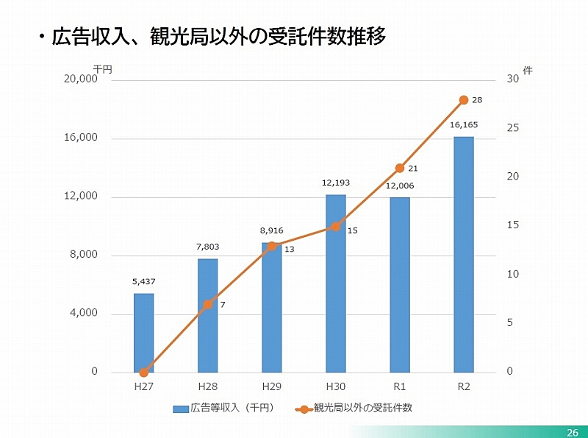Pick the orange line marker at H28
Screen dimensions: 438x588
click(x=208, y=304)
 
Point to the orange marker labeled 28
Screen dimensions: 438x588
click(x=464, y=100)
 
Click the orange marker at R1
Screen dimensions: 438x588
click(x=400, y=168)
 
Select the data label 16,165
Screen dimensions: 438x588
click(x=464, y=125)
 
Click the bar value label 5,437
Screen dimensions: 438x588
click(x=143, y=281)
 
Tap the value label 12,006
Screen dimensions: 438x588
click(x=400, y=186)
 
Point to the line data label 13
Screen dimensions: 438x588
click(x=289, y=250)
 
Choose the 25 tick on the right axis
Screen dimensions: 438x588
click(x=513, y=128)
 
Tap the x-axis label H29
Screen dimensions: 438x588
click(x=272, y=386)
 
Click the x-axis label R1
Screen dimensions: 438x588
click(x=400, y=386)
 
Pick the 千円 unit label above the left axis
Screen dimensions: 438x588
click(x=101, y=69)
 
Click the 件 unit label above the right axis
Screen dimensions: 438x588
click(x=527, y=70)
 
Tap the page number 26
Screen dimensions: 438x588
click(x=573, y=431)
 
